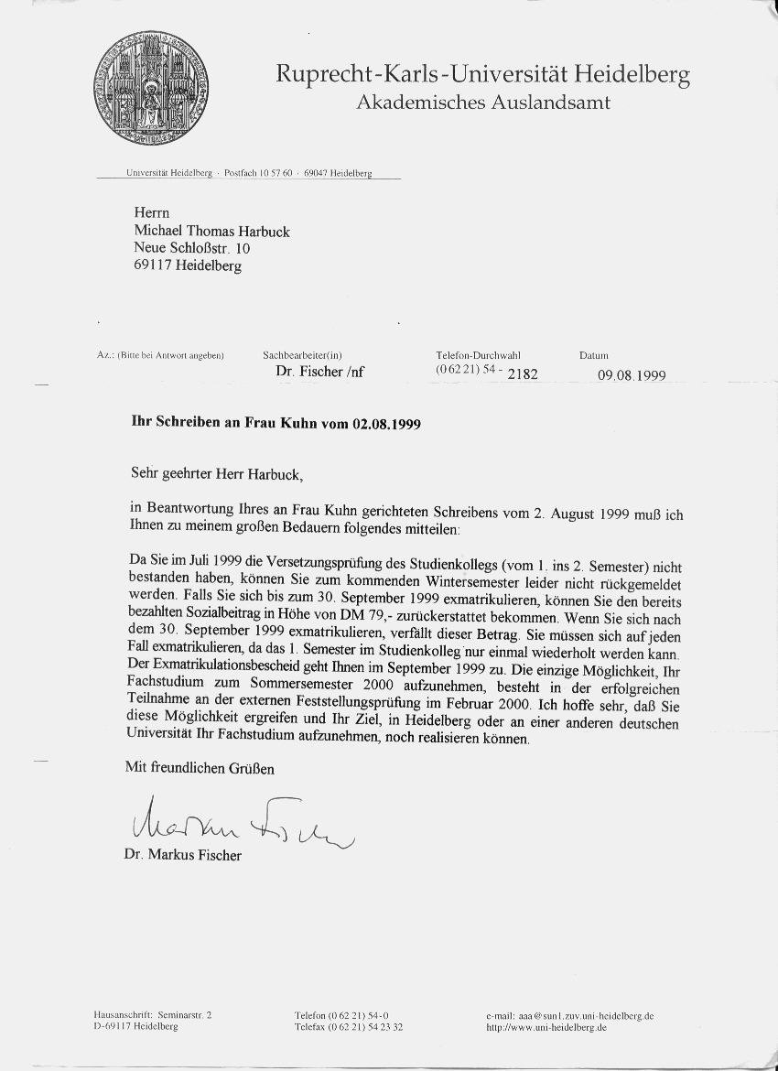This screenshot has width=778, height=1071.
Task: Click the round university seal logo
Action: click(150, 88)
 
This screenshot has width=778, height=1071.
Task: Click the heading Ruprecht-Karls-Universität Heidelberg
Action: click(482, 74)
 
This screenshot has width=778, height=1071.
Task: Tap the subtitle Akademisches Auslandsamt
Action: click(482, 103)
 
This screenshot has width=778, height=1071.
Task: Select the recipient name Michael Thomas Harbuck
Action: click(211, 232)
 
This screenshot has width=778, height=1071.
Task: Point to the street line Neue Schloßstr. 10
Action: click(192, 248)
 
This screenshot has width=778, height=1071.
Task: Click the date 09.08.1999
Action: click(632, 375)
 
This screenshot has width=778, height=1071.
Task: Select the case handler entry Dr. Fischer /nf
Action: click(320, 373)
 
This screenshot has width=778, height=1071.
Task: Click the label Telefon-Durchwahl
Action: click(479, 354)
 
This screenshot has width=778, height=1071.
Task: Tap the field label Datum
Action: click(593, 355)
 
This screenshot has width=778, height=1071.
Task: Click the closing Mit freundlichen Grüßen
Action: click(200, 769)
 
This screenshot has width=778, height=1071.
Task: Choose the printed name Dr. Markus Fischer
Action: click(183, 855)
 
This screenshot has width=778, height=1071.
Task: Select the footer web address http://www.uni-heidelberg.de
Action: click(546, 1027)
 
